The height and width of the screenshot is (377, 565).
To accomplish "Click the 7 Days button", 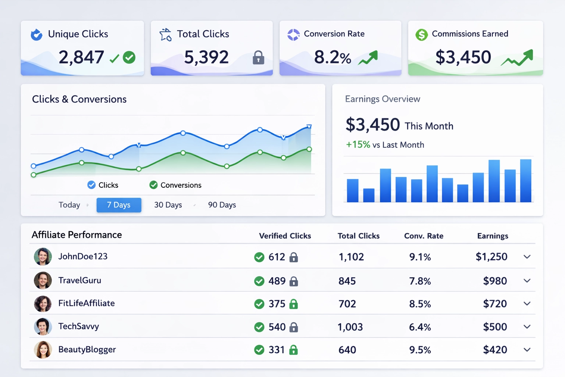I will pyautogui.click(x=119, y=205).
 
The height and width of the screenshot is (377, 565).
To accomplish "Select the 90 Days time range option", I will pyautogui.click(x=222, y=205).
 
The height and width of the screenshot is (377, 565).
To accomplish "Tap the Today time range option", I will pyautogui.click(x=69, y=205).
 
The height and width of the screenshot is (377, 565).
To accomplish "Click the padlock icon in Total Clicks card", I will pyautogui.click(x=258, y=58).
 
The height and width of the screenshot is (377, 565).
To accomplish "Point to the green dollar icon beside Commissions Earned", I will pyautogui.click(x=422, y=35).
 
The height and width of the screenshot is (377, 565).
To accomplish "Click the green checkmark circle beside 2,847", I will pyautogui.click(x=129, y=57).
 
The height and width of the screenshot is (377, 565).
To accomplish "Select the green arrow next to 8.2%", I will pyautogui.click(x=368, y=58).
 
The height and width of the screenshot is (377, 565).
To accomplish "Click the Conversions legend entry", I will pyautogui.click(x=175, y=185).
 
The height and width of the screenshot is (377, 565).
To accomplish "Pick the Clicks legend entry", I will pyautogui.click(x=103, y=185).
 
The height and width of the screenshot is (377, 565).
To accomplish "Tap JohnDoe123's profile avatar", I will pyautogui.click(x=43, y=257).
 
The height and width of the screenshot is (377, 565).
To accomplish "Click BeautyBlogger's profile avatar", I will pyautogui.click(x=43, y=350).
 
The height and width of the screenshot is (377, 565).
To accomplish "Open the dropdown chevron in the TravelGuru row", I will pyautogui.click(x=527, y=281).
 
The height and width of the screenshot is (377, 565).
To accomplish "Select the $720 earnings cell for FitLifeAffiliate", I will pyautogui.click(x=495, y=304).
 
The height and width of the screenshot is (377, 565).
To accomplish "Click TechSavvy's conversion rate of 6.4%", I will pyautogui.click(x=420, y=327).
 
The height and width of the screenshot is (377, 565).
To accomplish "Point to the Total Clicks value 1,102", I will pyautogui.click(x=351, y=257).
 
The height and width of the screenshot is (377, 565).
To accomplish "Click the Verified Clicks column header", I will pyautogui.click(x=285, y=236).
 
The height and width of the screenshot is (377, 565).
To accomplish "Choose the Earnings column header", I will pyautogui.click(x=493, y=236).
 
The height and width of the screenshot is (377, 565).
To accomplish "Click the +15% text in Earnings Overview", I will pyautogui.click(x=358, y=145).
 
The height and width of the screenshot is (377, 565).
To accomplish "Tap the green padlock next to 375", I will pyautogui.click(x=294, y=304).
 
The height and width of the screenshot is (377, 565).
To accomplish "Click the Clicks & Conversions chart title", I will pyautogui.click(x=79, y=99).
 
